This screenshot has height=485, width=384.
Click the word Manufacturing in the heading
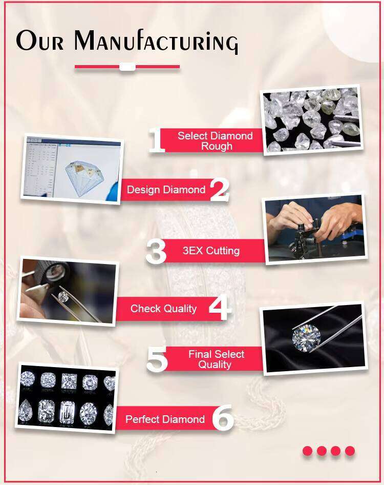(x=156, y=41)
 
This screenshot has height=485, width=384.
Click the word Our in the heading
(x=40, y=41)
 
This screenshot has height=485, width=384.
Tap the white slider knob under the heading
(x=127, y=67)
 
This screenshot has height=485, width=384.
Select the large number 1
(x=157, y=140)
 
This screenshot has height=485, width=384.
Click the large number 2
(x=220, y=190)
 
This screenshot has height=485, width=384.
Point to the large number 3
(x=156, y=252)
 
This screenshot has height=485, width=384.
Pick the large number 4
(x=220, y=308)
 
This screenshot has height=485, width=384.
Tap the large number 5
(x=157, y=359)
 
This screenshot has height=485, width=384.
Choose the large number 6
(x=222, y=418)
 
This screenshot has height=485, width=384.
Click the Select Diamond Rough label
(x=215, y=141)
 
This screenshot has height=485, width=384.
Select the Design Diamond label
(x=166, y=190)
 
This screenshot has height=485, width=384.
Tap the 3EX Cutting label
(x=211, y=251)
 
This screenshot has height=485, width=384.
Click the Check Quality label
(x=163, y=309)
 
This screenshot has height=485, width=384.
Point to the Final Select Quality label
(x=216, y=359)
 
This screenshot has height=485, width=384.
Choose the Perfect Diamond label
(x=165, y=419)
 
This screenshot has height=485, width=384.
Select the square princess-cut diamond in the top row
(x=69, y=381)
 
